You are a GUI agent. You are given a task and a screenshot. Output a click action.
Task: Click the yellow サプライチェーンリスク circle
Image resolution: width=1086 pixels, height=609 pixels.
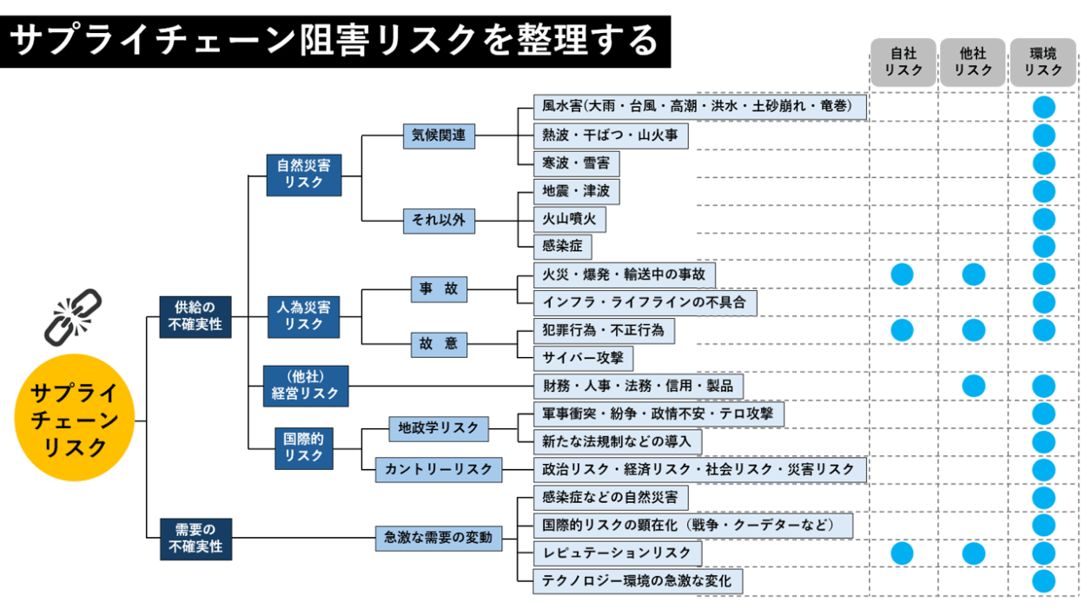pos(75,418)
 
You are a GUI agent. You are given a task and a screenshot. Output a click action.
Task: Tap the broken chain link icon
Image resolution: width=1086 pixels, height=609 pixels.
pos(73,316)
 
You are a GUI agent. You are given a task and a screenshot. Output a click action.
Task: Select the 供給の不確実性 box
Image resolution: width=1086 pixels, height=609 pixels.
pos(195,316)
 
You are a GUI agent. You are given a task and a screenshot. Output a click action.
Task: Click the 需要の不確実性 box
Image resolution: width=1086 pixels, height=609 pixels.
pos(195,538)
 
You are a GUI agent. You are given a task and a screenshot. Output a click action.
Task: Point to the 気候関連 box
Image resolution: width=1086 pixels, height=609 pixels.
pos(439,136)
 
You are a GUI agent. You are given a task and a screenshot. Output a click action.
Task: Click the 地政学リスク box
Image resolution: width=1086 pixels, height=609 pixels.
pos(438,428)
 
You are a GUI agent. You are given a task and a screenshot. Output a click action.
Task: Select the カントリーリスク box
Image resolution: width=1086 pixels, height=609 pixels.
pos(438,470)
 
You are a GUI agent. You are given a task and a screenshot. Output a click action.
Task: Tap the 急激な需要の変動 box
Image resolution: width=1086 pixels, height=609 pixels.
pos(438,538)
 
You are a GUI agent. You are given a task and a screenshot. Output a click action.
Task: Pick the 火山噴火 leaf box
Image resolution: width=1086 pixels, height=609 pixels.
pos(569,219)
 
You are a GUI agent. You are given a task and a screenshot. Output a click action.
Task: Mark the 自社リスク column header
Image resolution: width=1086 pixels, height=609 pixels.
pos(903,63)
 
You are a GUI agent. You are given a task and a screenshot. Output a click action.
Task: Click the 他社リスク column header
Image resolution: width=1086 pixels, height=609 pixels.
pos(972,63)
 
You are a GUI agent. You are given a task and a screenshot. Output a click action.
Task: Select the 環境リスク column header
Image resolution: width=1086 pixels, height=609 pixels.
pos(1043,63)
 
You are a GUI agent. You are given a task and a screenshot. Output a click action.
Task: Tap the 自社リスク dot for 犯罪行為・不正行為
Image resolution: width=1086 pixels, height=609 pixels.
pos(903,330)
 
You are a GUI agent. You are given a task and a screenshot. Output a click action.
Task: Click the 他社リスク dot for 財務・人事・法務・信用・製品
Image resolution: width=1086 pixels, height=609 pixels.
pos(973,386)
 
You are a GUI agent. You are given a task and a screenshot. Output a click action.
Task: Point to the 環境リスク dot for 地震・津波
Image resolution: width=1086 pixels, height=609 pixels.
pos(1043,191)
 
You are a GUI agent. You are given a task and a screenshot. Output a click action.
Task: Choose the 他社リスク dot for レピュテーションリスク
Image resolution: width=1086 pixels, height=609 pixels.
pos(973,553)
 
